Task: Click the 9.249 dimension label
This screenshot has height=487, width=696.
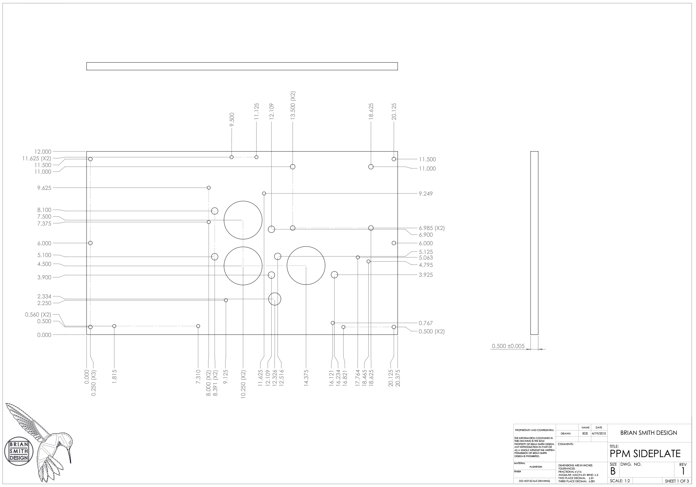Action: click(x=426, y=194)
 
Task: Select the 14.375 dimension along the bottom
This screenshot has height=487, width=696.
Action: click(x=306, y=377)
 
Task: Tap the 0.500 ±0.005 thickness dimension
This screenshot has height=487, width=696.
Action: click(x=508, y=346)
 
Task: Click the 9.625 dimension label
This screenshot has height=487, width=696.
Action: click(x=44, y=188)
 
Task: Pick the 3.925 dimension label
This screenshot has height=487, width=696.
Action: click(x=426, y=275)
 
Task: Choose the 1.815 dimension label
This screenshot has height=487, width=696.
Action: click(x=115, y=377)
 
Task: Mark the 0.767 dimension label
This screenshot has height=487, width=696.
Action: click(x=426, y=323)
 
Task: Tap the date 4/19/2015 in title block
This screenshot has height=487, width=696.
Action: click(x=599, y=434)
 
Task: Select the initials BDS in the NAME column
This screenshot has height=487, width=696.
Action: click(x=585, y=434)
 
